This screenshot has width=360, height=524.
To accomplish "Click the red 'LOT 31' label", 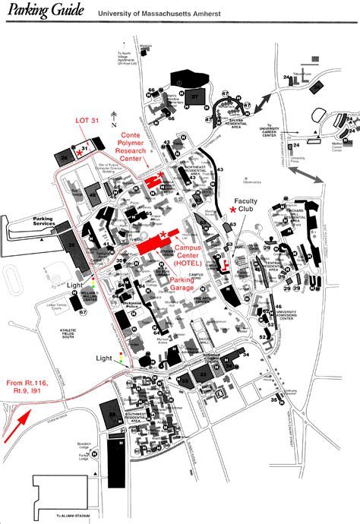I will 87,121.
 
